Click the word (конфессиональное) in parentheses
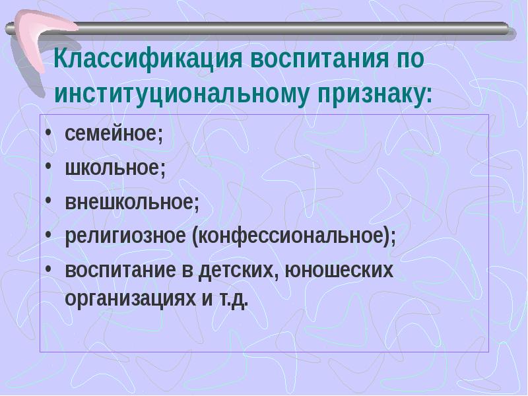point(294,236)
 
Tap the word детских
point(246,271)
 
